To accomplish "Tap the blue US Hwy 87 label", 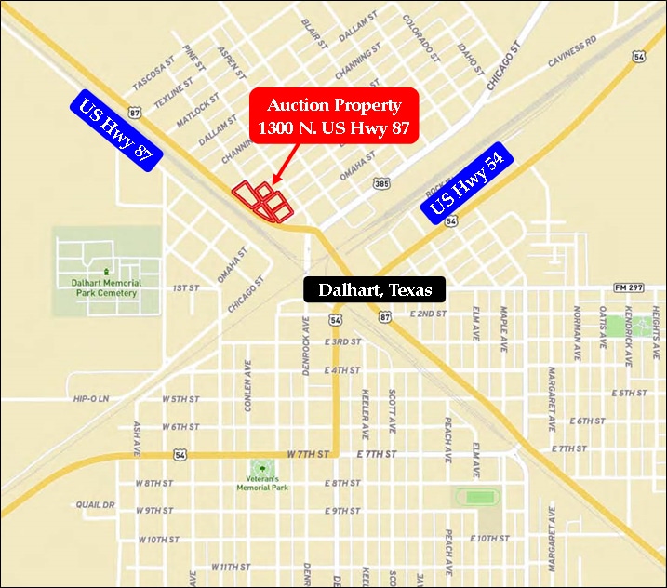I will [117, 131].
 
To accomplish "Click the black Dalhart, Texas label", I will [375, 290].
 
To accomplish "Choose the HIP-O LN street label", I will [91, 399].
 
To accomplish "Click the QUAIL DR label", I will [95, 505].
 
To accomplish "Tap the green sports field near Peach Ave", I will [479, 498].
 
